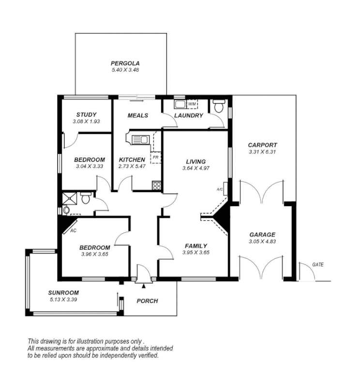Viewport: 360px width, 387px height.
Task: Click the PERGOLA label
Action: pyautogui.click(x=125, y=63)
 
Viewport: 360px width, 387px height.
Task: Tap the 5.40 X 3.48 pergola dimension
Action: pyautogui.click(x=125, y=70)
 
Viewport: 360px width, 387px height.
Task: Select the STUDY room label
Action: pyautogui.click(x=86, y=115)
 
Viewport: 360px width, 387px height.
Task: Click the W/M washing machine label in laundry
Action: pyautogui.click(x=192, y=104)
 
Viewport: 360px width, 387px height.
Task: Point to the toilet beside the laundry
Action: pyautogui.click(x=219, y=106)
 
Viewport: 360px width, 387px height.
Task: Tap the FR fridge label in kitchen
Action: pyautogui.click(x=155, y=157)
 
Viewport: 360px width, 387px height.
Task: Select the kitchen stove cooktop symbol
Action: pyautogui.click(x=156, y=185)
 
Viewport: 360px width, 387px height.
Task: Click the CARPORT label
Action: pyautogui.click(x=262, y=145)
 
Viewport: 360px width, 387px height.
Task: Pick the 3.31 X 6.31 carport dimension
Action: pyautogui.click(x=262, y=152)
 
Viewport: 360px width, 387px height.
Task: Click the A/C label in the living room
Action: pyautogui.click(x=219, y=189)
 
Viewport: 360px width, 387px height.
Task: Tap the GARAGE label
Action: pyautogui.click(x=262, y=234)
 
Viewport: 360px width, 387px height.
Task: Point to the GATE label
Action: pyautogui.click(x=317, y=265)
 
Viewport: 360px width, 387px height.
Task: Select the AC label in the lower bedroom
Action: pyautogui.click(x=73, y=231)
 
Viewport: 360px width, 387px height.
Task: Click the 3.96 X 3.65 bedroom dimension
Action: pyautogui.click(x=94, y=254)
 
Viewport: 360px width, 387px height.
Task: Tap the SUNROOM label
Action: pyautogui.click(x=63, y=293)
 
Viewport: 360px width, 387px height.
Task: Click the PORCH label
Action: pyautogui.click(x=147, y=301)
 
